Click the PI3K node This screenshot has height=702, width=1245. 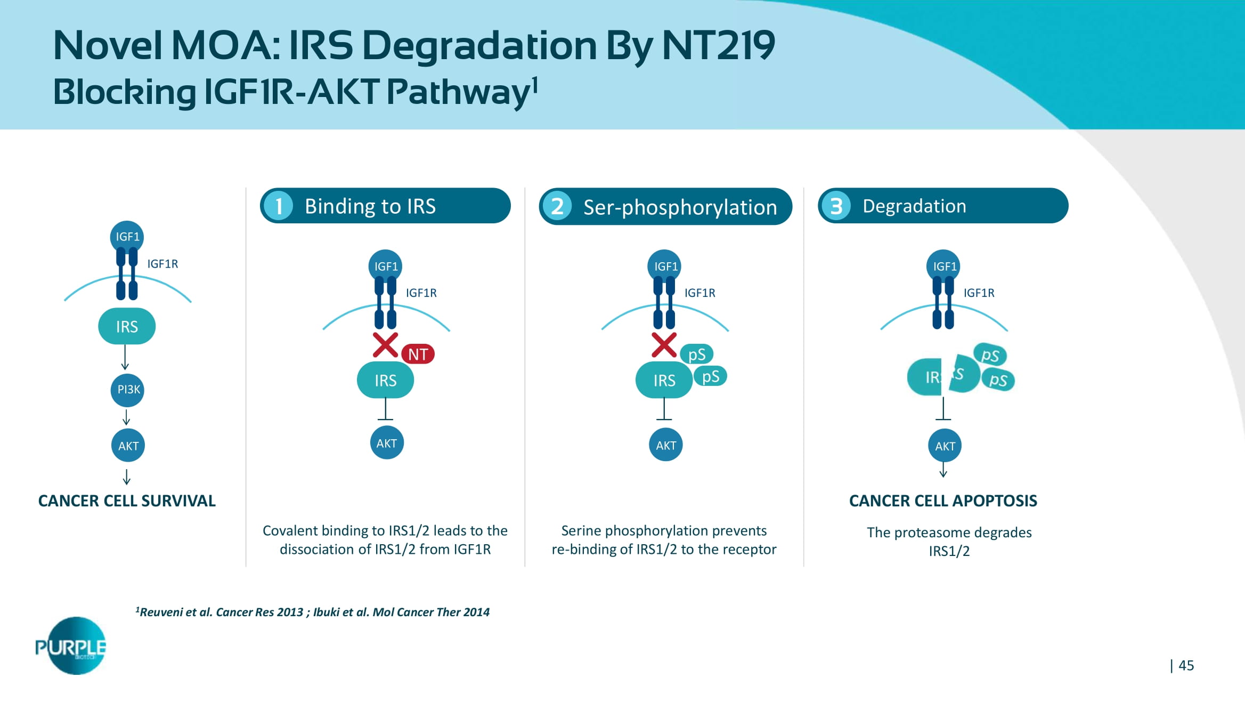tap(128, 390)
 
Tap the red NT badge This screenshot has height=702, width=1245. tap(418, 354)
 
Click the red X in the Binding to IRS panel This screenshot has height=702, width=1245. tap(385, 345)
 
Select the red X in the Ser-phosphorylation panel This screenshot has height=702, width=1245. tap(664, 345)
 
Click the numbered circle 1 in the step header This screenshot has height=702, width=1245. tap(279, 206)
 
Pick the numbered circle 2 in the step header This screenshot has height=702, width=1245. tap(557, 206)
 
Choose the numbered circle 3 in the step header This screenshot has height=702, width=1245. tap(836, 206)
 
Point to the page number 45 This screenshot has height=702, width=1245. tap(1186, 665)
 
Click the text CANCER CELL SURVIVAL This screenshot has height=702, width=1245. tap(127, 501)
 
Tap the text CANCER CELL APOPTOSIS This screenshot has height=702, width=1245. tap(943, 501)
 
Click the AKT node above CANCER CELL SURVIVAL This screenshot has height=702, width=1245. tap(128, 446)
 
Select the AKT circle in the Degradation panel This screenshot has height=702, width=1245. tap(945, 446)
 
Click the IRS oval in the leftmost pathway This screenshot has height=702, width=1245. tap(127, 326)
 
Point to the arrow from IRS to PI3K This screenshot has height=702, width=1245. tap(125, 357)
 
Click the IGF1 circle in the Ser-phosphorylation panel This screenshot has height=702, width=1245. tap(665, 266)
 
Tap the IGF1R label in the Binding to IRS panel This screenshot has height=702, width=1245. tap(421, 293)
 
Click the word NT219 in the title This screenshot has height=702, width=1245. tap(718, 45)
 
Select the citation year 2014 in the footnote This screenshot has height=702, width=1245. tap(476, 612)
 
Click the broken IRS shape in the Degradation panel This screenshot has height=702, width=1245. tap(943, 376)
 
